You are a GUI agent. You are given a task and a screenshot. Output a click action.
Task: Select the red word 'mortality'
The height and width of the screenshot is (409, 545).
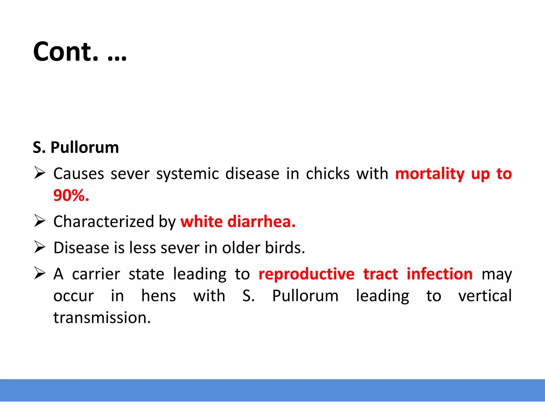[x=430, y=174]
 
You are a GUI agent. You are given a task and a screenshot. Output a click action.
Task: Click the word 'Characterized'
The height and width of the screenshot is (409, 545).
[x=104, y=222]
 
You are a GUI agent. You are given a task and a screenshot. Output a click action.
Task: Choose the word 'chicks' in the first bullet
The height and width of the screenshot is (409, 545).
[x=328, y=174]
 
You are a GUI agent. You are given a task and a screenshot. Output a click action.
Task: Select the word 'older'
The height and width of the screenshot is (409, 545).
[x=241, y=248]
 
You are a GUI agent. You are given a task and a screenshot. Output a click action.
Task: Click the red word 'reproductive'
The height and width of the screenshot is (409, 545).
[x=306, y=274]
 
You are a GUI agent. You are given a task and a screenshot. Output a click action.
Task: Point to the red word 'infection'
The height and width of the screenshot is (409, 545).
[x=440, y=274]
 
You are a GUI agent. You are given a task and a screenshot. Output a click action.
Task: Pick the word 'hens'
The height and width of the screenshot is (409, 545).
[x=159, y=296]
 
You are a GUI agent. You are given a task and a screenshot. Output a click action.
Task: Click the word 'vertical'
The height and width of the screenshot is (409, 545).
[x=485, y=296]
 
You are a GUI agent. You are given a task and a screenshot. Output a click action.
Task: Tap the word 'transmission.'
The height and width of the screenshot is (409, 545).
[x=102, y=318]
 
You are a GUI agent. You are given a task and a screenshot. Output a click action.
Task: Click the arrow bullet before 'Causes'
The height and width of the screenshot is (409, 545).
[x=40, y=173]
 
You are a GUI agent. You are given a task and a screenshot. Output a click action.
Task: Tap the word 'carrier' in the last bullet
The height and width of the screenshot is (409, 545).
[x=96, y=274]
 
